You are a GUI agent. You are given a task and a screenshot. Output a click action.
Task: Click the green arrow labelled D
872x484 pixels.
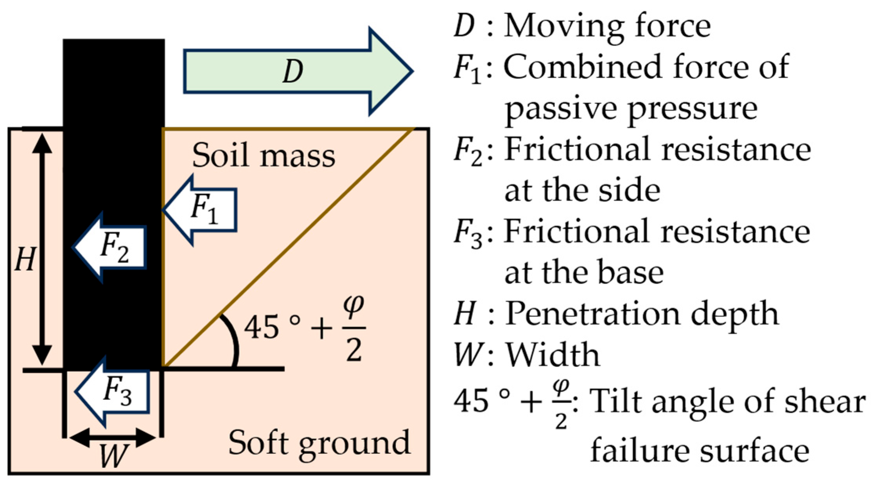(297, 72)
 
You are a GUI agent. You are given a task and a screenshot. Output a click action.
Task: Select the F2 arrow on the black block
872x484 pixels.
(111, 248)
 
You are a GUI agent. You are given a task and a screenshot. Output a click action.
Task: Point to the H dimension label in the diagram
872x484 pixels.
(25, 260)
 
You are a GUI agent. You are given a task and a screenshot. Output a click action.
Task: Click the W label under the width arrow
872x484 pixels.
(113, 456)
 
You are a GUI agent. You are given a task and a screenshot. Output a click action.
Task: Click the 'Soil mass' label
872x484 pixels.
(263, 156)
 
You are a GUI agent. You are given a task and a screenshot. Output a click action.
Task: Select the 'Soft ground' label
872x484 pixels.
(319, 443)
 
